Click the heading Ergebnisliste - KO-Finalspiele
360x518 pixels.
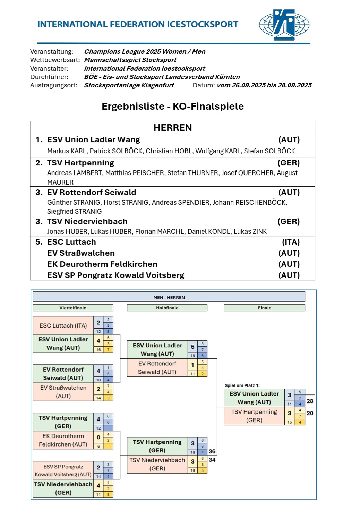[x=173, y=106]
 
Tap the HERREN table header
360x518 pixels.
[x=172, y=127]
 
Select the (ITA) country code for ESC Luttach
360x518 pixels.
[x=291, y=242]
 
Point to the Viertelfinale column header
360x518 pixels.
[x=73, y=308]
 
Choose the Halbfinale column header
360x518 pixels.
[x=167, y=308]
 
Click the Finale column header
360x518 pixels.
[x=264, y=308]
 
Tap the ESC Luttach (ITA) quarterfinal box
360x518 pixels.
[x=63, y=325]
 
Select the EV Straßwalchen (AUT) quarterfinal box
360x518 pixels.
[x=63, y=392]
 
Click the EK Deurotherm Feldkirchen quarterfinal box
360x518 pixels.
[x=63, y=440]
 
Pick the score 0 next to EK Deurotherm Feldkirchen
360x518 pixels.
[x=98, y=437]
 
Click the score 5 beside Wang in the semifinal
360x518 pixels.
[x=192, y=347]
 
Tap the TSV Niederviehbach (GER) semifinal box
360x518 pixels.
[x=157, y=464]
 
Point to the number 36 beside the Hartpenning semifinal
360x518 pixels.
[x=212, y=451]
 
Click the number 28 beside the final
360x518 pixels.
[x=310, y=401]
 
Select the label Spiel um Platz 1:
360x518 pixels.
[x=242, y=385]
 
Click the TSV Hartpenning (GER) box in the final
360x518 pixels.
[x=254, y=416]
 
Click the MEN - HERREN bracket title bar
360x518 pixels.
[x=169, y=297]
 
